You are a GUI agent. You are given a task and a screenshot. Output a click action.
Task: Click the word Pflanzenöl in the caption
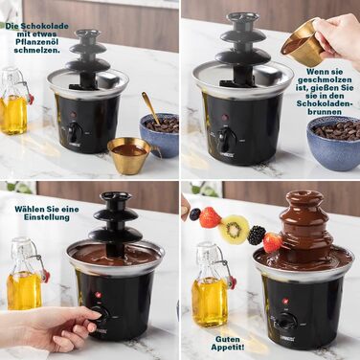(x=37, y=42)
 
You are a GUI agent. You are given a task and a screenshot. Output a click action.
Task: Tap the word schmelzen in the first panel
(x=37, y=50)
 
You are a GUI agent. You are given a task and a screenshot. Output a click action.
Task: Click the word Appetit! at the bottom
(x=228, y=347)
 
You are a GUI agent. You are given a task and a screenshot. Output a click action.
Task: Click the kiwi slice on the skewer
(x=236, y=229)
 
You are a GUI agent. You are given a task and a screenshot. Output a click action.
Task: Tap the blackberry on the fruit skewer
(x=257, y=236)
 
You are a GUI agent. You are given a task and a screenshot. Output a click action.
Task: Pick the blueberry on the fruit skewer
(x=195, y=214)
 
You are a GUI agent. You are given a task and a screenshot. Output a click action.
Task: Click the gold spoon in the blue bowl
(x=149, y=106)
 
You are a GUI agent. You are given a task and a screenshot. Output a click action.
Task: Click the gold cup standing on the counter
(x=130, y=155)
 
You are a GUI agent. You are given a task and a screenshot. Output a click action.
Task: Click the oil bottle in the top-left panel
(x=13, y=101)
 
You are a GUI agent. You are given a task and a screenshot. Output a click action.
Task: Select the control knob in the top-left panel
(x=73, y=132)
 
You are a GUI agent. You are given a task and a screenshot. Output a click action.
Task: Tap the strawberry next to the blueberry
(x=210, y=217)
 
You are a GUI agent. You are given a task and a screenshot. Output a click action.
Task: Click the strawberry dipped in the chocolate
(x=274, y=242)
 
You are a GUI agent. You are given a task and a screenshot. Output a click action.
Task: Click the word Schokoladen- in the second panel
(x=325, y=103)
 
